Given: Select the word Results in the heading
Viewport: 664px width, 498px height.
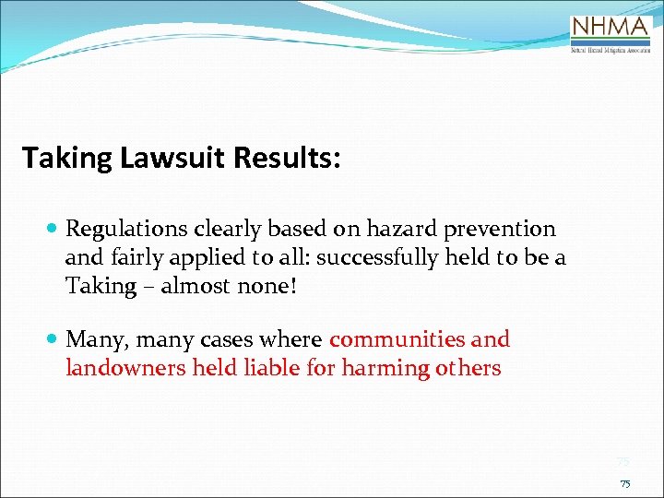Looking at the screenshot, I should tap(287, 158).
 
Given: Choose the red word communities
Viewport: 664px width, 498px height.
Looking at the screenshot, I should tap(398, 339).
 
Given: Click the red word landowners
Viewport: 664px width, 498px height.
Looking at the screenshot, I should tap(125, 369).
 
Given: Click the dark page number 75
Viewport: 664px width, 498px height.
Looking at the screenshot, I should tap(625, 483).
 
